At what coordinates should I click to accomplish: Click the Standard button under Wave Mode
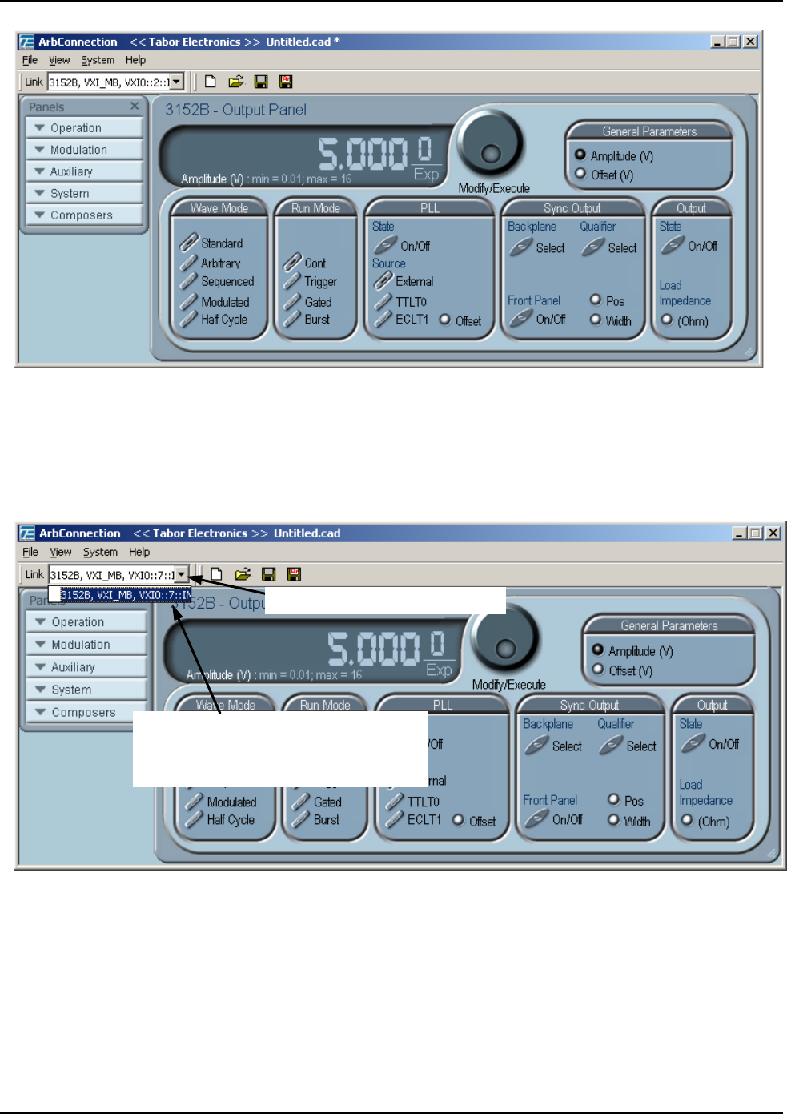click(x=221, y=243)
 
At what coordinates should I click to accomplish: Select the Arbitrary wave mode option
click(x=220, y=263)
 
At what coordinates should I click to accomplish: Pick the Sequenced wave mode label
click(x=227, y=282)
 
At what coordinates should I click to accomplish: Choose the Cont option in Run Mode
click(x=315, y=263)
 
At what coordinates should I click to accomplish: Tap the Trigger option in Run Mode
click(x=320, y=282)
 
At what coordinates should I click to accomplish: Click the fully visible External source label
click(x=414, y=282)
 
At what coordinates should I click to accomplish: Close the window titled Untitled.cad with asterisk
click(x=750, y=42)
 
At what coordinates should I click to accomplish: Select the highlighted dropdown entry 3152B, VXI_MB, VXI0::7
click(x=125, y=595)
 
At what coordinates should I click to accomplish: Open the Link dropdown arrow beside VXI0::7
click(x=182, y=574)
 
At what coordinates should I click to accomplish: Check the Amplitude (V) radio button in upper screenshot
click(x=580, y=155)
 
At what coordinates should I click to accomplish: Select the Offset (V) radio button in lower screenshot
click(x=598, y=670)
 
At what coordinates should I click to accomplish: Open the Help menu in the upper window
click(x=135, y=60)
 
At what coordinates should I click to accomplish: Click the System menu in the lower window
click(x=100, y=552)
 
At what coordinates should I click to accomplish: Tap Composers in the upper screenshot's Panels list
click(x=81, y=215)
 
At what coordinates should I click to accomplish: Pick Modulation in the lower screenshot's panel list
click(x=80, y=645)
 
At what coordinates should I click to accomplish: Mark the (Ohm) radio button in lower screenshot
click(x=687, y=820)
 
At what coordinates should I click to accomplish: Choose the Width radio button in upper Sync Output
click(x=596, y=320)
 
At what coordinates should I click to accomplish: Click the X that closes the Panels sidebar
click(x=135, y=106)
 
